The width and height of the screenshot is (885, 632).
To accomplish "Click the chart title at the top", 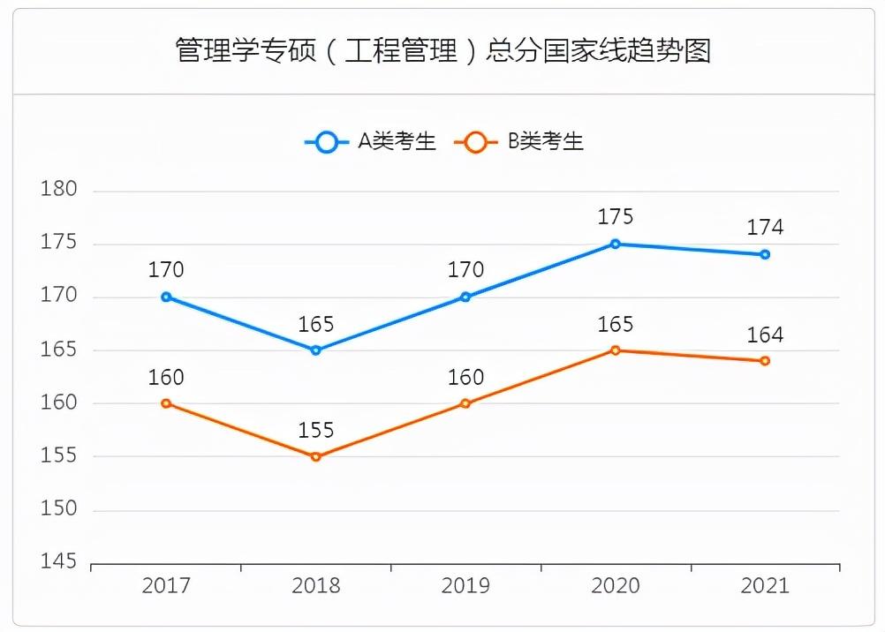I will (442, 50).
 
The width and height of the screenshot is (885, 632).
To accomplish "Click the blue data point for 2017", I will (166, 297).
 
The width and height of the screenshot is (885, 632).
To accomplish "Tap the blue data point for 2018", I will (316, 350).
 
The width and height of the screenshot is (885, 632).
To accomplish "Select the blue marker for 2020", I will (616, 244).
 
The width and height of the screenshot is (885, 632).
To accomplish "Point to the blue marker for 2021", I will (765, 254).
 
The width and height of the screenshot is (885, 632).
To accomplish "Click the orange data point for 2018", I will (316, 456).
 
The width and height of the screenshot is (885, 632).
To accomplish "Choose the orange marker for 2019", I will (465, 403).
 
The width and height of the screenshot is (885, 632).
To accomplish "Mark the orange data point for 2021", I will (765, 361).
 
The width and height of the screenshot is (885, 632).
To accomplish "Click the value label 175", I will (616, 217).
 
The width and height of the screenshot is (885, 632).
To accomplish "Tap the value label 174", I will (765, 228).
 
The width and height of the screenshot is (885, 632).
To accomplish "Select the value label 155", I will (316, 431).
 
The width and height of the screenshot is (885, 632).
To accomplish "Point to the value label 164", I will (765, 335).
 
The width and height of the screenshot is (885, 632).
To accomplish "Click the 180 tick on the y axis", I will (60, 190).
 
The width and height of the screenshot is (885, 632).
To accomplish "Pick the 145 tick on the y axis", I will (60, 562).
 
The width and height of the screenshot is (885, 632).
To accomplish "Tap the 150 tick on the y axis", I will (60, 509).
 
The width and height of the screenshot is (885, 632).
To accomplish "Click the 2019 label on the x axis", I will (465, 585).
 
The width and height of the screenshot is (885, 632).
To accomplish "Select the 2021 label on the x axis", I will (765, 585).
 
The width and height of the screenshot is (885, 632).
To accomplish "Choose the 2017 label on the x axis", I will (166, 585).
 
